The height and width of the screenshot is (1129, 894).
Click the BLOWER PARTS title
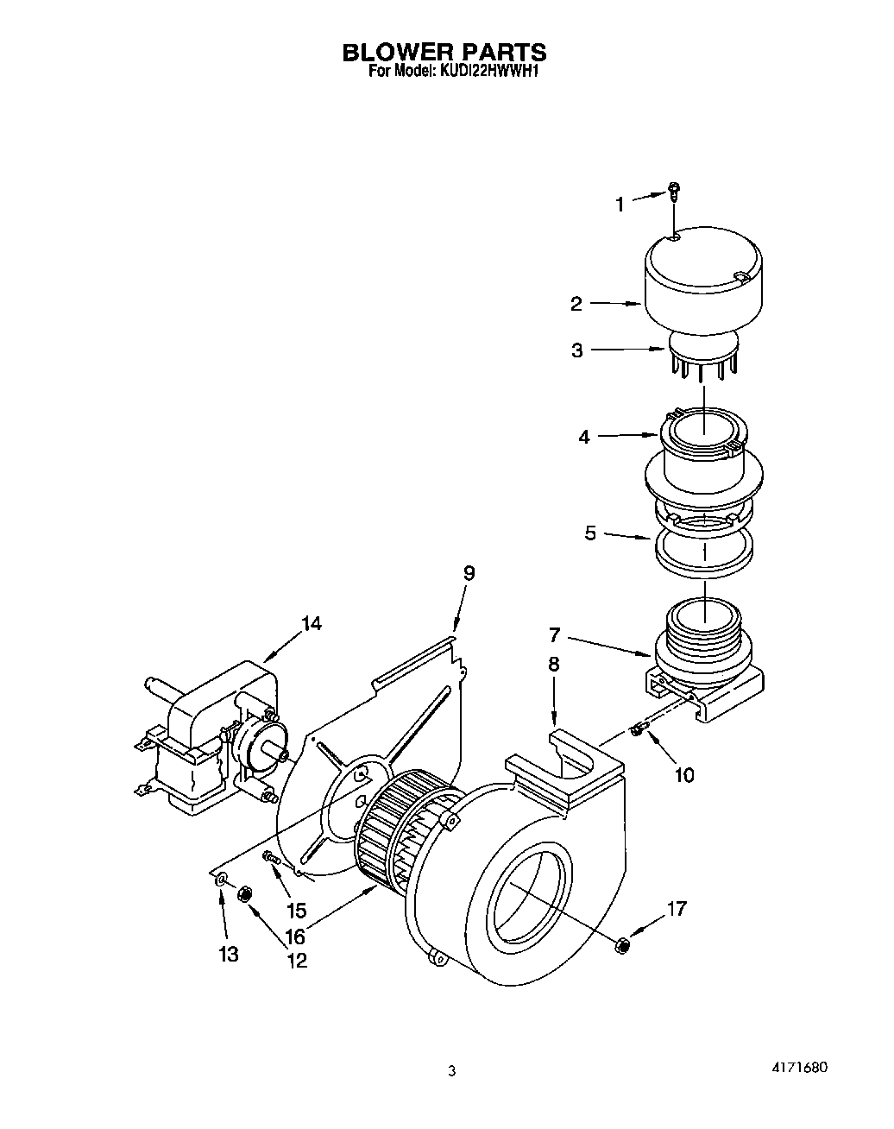pyautogui.click(x=444, y=53)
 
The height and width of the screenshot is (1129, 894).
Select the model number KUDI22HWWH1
pyautogui.click(x=490, y=73)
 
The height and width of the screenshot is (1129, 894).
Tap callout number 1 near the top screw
pyautogui.click(x=619, y=205)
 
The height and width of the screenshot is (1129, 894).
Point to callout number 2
pyautogui.click(x=576, y=304)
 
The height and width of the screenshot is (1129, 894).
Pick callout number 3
pyautogui.click(x=576, y=350)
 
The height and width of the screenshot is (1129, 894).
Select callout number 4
pyautogui.click(x=584, y=437)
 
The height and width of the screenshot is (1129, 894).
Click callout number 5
pyautogui.click(x=590, y=533)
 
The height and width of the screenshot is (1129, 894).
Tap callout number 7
pyautogui.click(x=555, y=636)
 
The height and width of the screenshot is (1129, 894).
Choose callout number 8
pyautogui.click(x=553, y=664)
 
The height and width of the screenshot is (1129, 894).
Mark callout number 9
pyautogui.click(x=469, y=573)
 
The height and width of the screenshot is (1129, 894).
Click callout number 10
pyautogui.click(x=683, y=774)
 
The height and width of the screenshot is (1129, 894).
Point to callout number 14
pyautogui.click(x=312, y=623)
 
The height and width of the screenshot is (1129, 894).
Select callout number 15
pyautogui.click(x=296, y=910)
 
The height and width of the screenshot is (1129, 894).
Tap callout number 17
pyautogui.click(x=677, y=908)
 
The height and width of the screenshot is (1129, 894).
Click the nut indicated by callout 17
pyautogui.click(x=621, y=945)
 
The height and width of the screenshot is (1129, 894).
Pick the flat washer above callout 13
pyautogui.click(x=222, y=879)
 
